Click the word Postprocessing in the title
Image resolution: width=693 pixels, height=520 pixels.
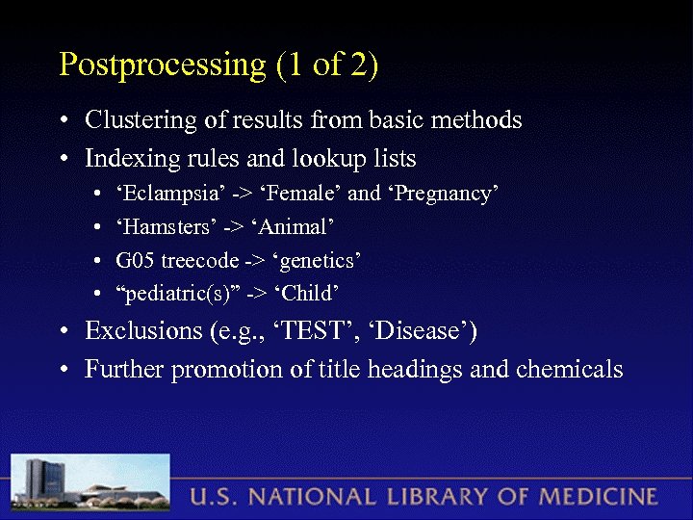pos(162,65)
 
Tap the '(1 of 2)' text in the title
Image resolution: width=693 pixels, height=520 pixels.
pos(326,65)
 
